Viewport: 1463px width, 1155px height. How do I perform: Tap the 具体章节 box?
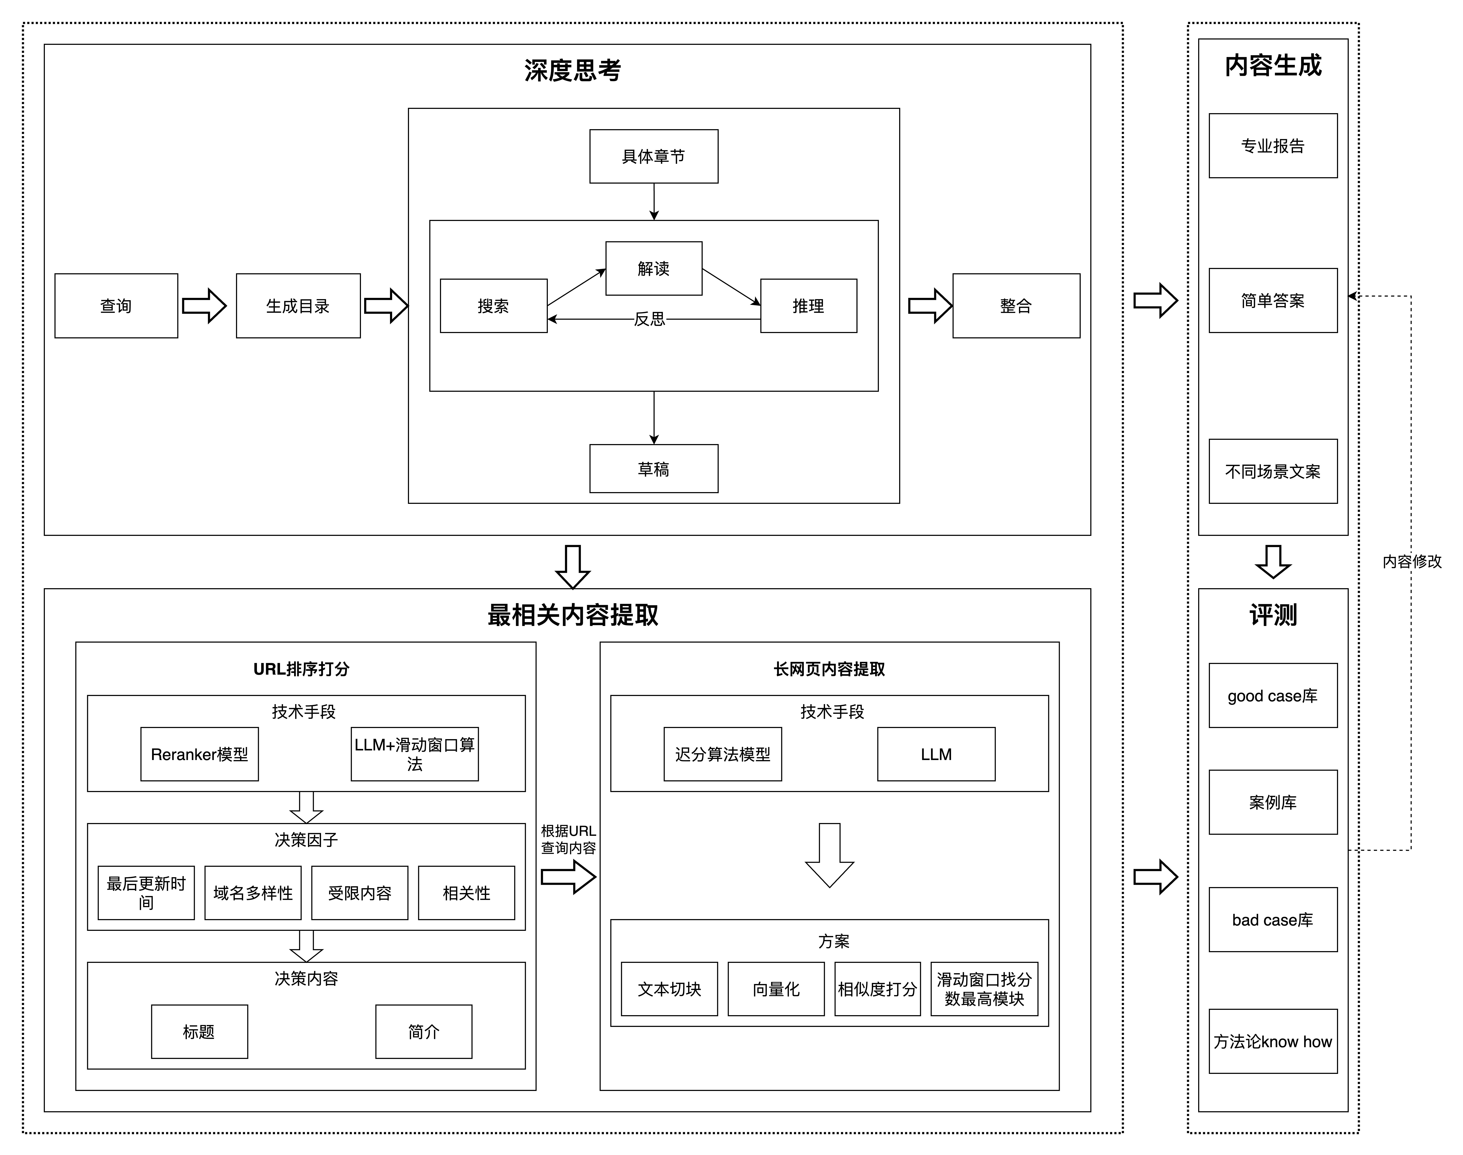pos(653,156)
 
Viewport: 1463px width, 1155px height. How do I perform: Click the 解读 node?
pos(653,268)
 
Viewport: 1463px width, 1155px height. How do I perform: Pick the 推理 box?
pos(808,306)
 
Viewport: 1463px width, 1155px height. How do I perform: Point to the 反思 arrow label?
pos(649,319)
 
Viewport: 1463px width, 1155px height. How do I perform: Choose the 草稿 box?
pos(653,469)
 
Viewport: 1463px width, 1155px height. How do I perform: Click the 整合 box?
pos(1016,306)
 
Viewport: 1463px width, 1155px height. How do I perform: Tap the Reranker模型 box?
pos(199,754)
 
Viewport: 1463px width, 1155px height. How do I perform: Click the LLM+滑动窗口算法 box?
pos(415,754)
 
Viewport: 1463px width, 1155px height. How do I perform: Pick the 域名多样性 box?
pos(253,893)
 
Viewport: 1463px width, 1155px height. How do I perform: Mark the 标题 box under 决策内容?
pos(199,1031)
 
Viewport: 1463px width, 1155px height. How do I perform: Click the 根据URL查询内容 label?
pos(568,839)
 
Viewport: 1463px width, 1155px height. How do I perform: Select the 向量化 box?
pos(776,989)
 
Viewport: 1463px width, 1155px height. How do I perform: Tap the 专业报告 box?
pos(1273,145)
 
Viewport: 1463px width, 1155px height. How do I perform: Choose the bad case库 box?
pos(1273,920)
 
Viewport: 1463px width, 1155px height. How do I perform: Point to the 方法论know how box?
pos(1273,1041)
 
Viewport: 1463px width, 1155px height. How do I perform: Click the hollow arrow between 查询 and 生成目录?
pos(204,306)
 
